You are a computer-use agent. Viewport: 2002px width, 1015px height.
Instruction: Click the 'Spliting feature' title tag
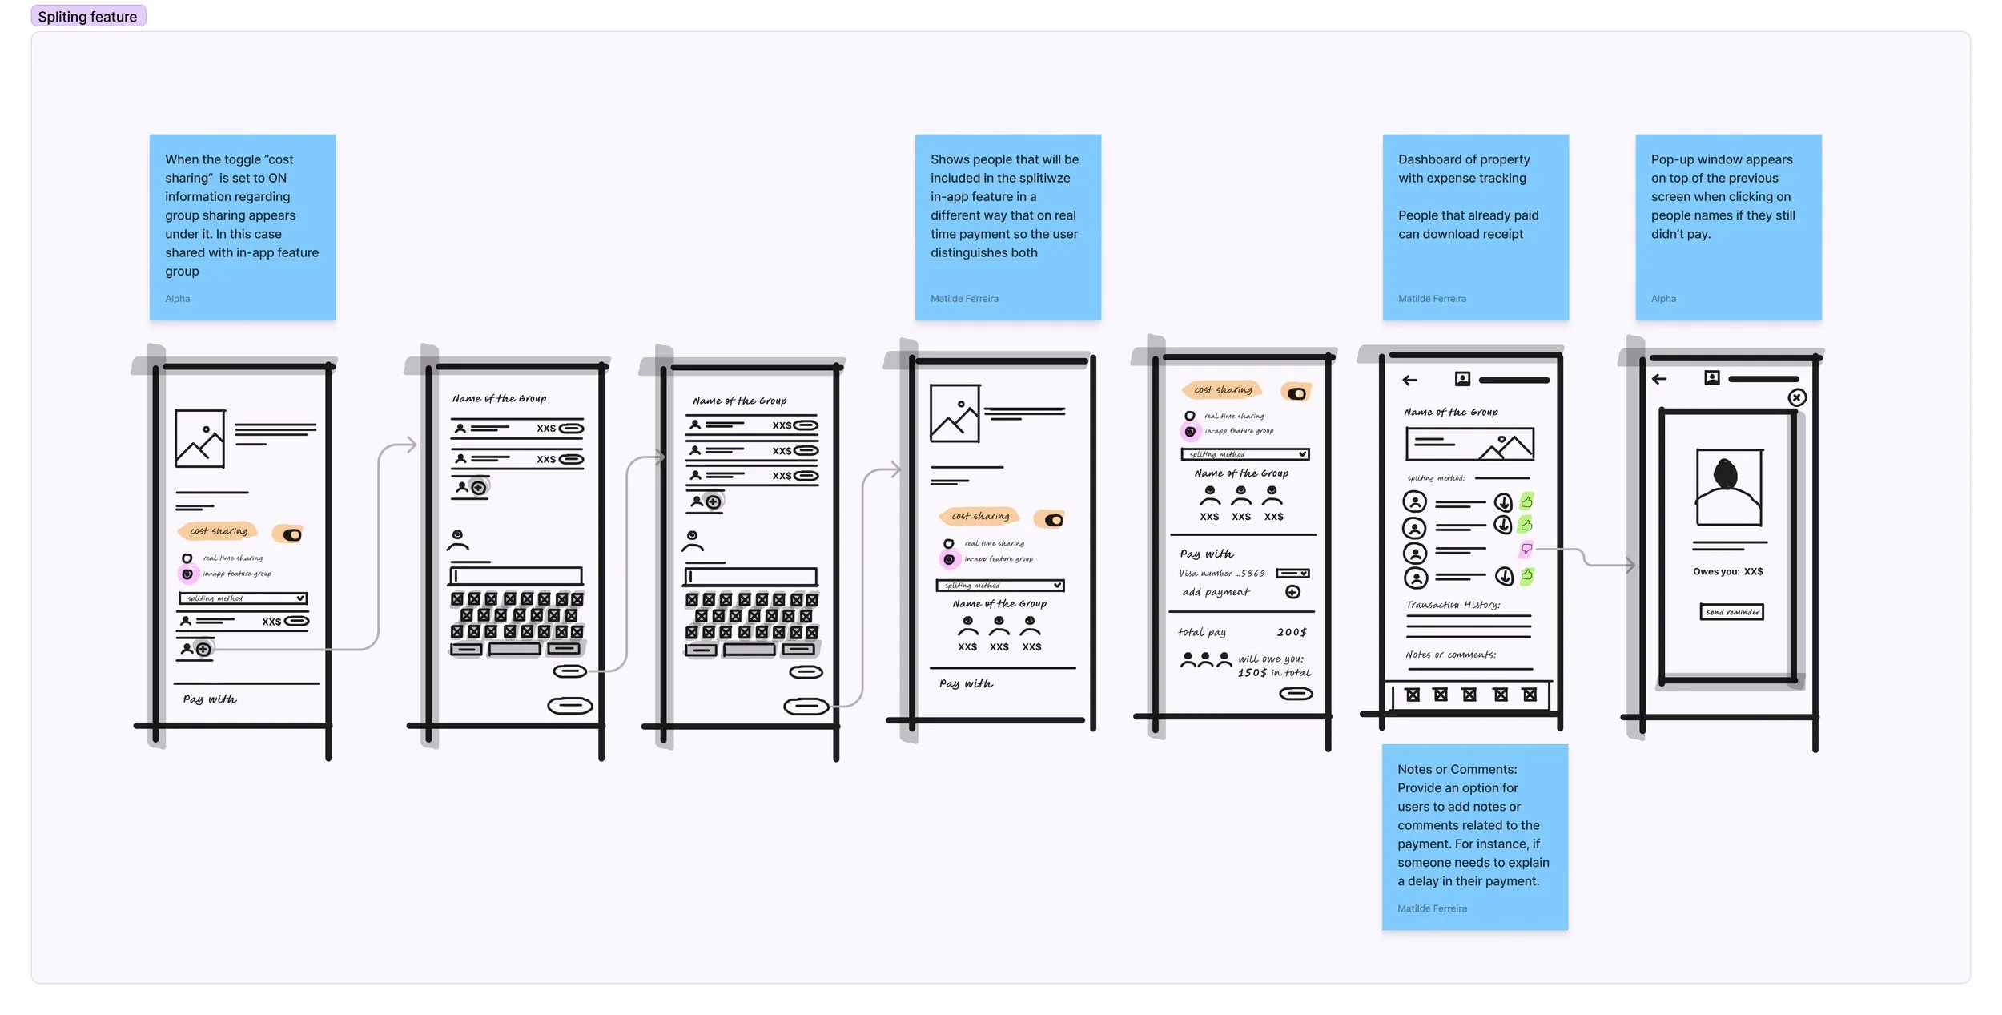pos(88,16)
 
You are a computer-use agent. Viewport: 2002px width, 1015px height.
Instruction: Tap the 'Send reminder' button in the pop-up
pos(1731,612)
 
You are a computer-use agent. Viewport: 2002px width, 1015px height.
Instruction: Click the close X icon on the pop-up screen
pos(1797,397)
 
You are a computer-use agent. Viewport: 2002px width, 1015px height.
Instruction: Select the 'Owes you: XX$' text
pos(1727,571)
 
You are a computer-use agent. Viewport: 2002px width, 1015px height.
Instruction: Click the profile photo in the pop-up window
pos(1728,487)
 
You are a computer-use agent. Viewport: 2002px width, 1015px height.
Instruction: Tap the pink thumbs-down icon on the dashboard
pos(1526,550)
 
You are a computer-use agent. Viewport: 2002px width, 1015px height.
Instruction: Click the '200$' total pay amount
pos(1291,632)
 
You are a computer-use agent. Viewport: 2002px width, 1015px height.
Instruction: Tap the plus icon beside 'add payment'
pos(1292,592)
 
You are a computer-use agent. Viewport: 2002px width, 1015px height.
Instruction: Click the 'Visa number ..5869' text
pos(1221,574)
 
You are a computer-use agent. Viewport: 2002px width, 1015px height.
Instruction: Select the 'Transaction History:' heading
pos(1453,605)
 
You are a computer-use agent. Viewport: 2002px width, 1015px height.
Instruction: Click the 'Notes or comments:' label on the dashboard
pos(1450,655)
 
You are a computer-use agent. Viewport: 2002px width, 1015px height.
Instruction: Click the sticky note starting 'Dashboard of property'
pos(1475,228)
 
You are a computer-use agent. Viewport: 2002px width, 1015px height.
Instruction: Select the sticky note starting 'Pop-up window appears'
pos(1728,228)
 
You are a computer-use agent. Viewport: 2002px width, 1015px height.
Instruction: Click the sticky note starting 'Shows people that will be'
pos(1007,228)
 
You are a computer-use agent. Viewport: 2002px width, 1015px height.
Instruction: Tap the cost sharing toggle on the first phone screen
pos(291,534)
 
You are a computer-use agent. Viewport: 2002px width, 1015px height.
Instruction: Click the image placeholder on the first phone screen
pos(199,439)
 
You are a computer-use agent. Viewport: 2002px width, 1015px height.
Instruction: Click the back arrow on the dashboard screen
pos(1410,381)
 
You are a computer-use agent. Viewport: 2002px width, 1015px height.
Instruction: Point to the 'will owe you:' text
pos(1271,659)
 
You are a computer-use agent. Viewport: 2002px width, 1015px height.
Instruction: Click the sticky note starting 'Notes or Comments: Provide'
pos(1474,837)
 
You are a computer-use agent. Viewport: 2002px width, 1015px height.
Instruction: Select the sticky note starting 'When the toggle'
pos(242,228)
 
